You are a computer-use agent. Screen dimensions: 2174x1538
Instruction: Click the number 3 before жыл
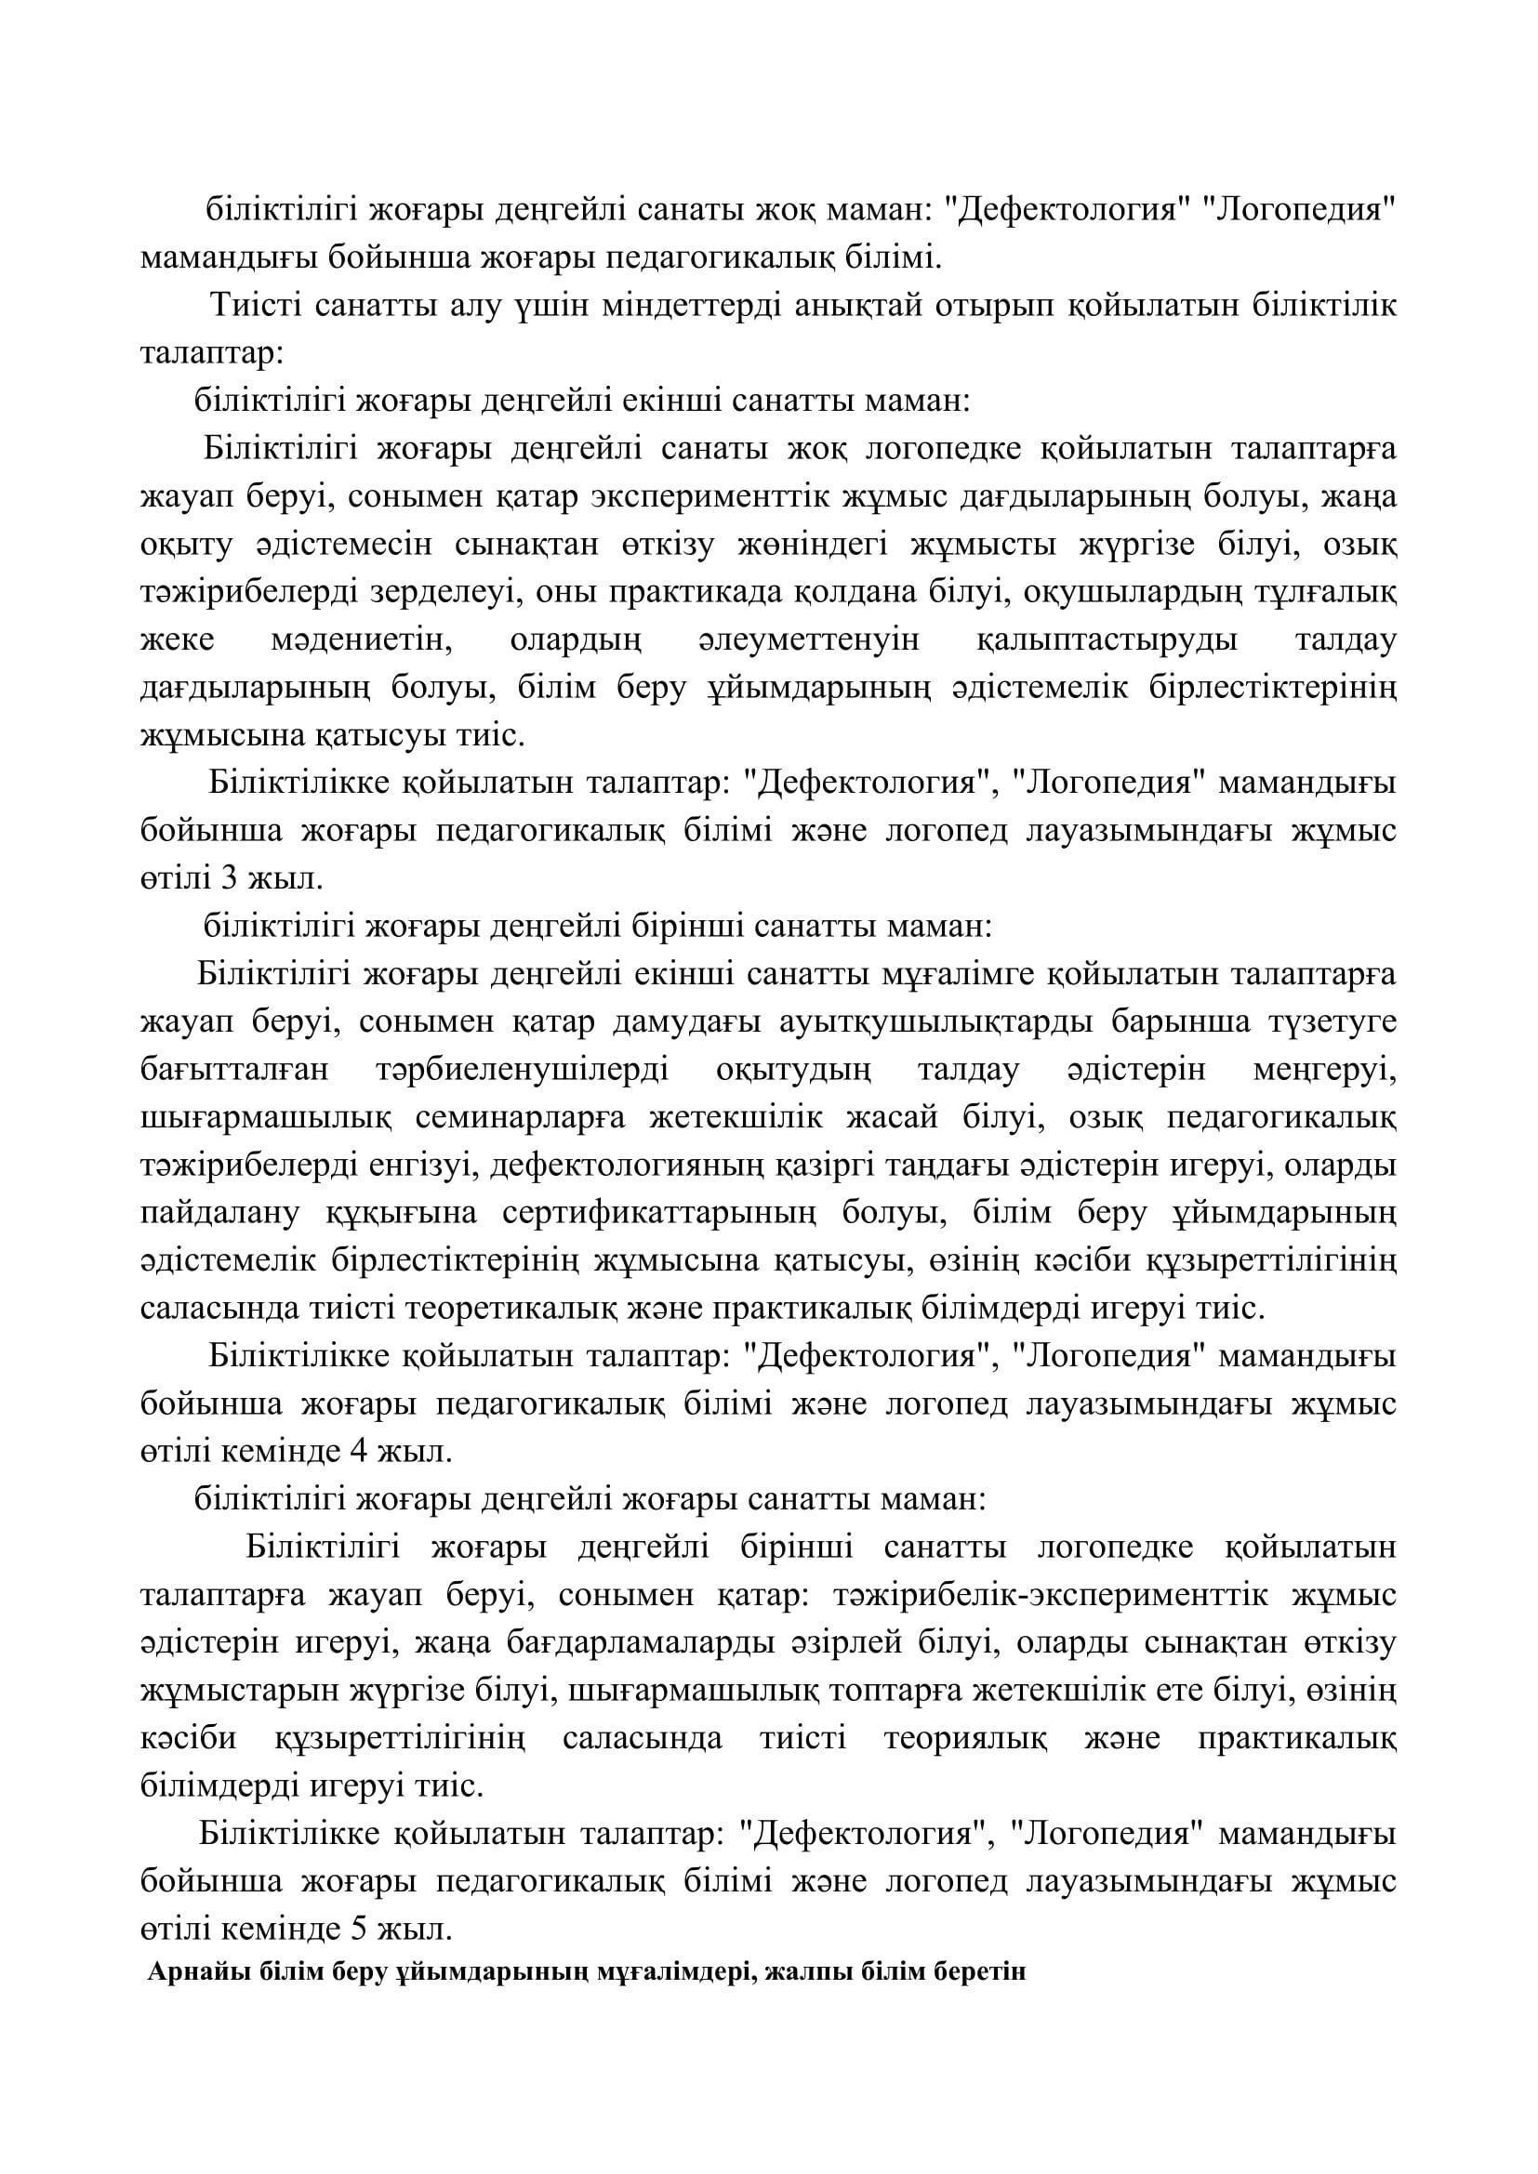click(x=228, y=879)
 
